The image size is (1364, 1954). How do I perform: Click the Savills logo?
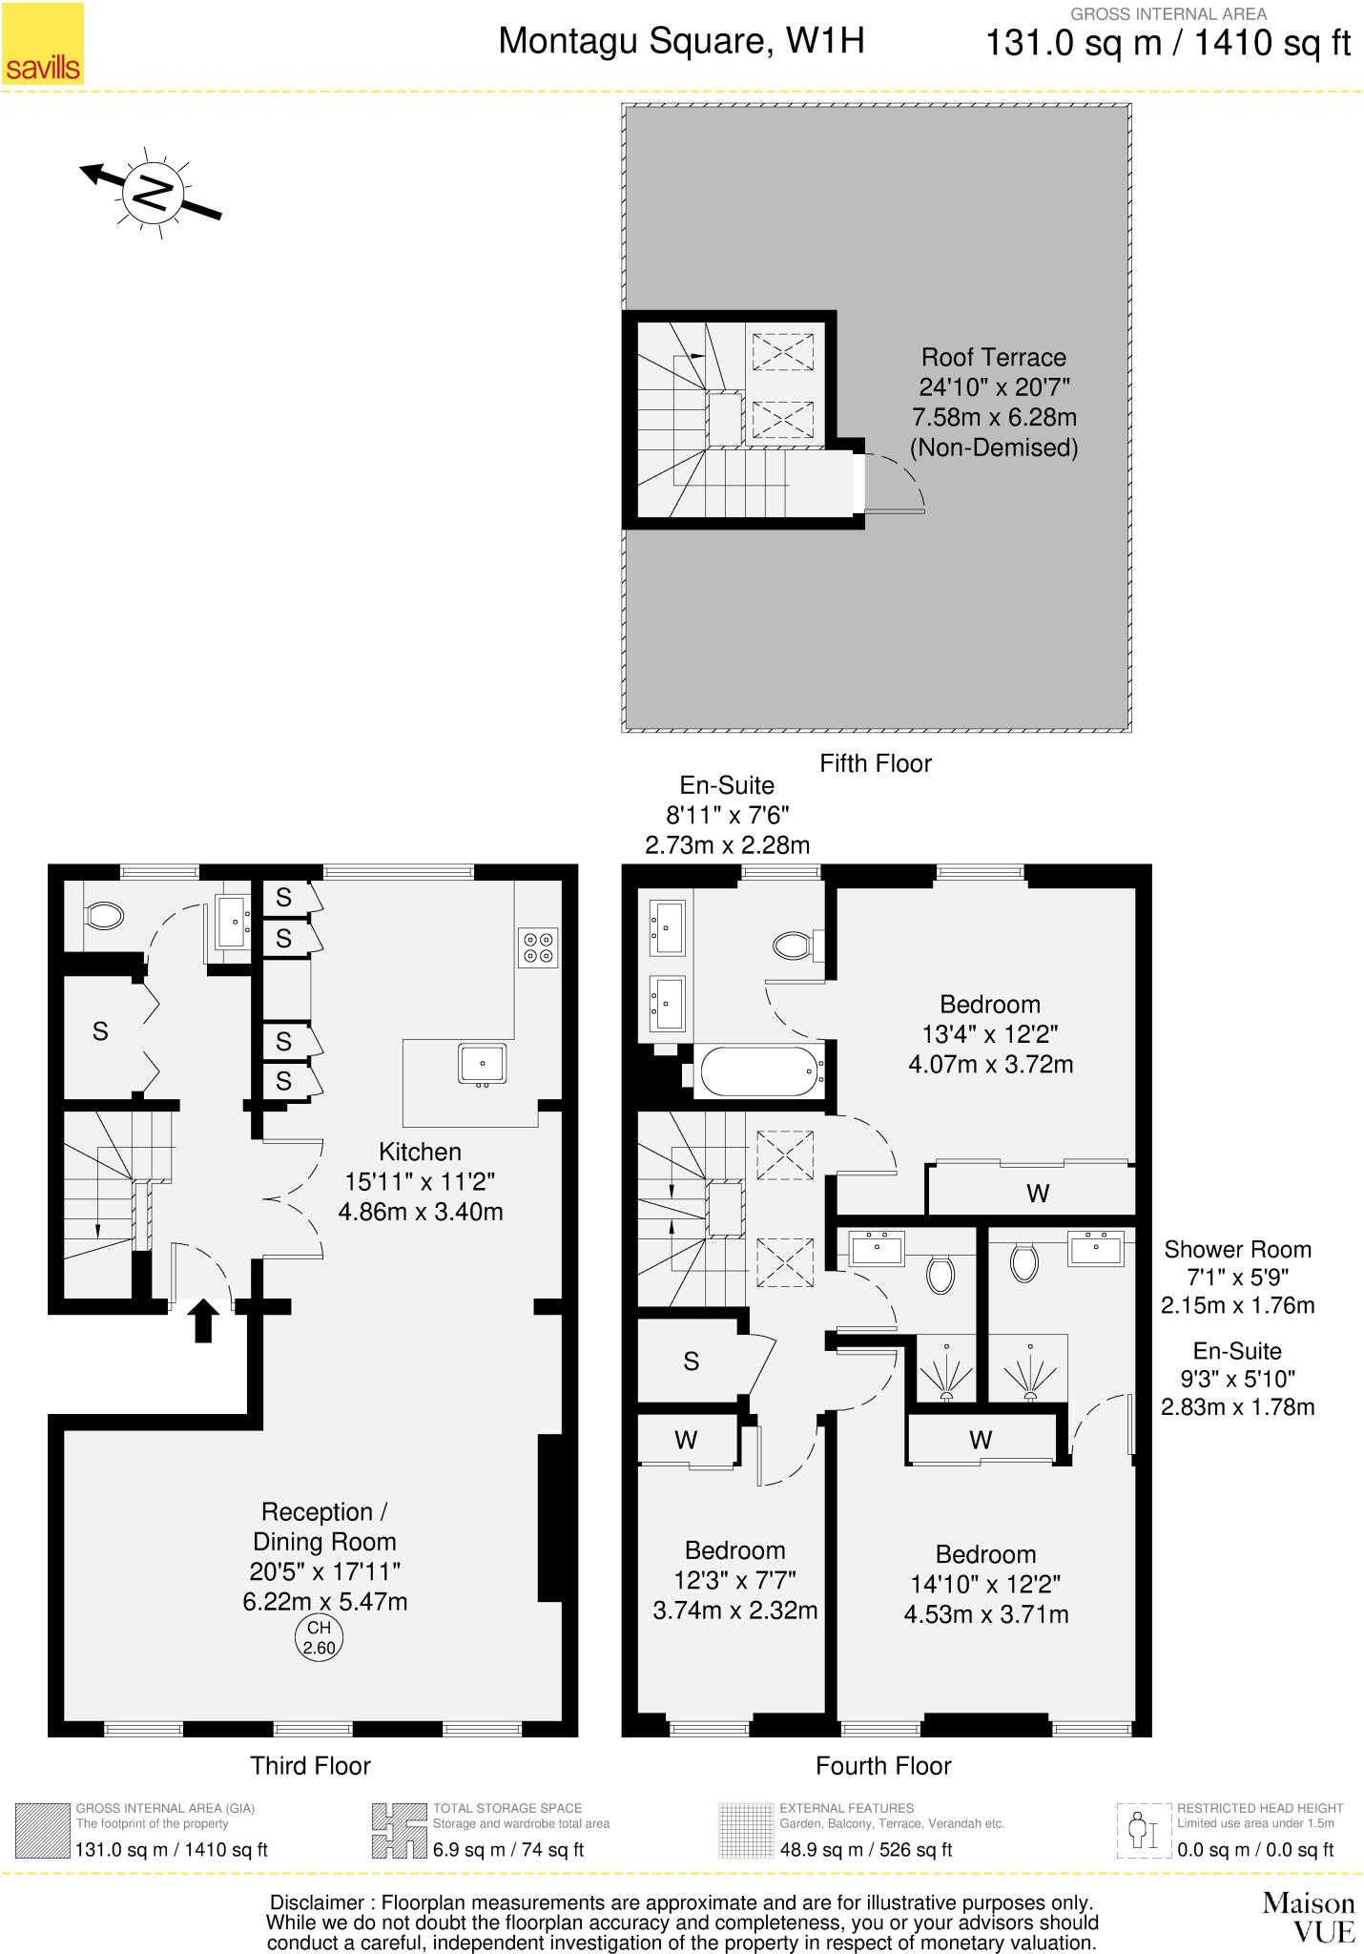click(x=43, y=44)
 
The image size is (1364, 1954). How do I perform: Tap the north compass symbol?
click(x=152, y=192)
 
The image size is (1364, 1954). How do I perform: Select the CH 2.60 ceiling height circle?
click(x=318, y=1637)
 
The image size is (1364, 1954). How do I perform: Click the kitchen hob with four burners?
click(x=537, y=946)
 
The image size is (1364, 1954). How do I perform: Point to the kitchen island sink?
click(x=482, y=1064)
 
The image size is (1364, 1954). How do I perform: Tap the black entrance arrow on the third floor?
click(x=202, y=1320)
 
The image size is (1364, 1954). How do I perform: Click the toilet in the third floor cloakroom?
click(x=104, y=917)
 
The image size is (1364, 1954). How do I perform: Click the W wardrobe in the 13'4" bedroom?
click(x=1037, y=1193)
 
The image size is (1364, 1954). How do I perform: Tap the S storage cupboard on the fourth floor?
click(x=692, y=1362)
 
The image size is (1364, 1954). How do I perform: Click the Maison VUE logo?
click(x=1308, y=1916)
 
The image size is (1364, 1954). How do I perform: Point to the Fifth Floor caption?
click(x=875, y=763)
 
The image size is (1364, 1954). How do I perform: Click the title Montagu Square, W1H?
click(x=681, y=41)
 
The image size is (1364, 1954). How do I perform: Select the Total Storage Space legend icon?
click(x=399, y=1830)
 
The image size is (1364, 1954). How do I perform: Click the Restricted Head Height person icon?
click(x=1143, y=1830)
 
